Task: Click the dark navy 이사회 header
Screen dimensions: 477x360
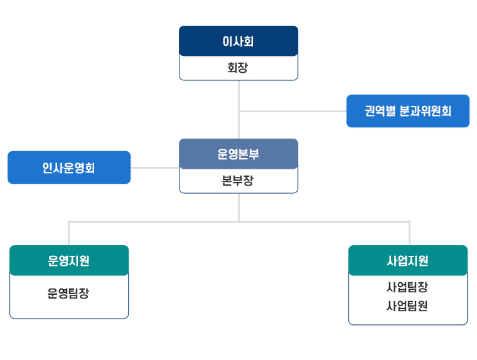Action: pyautogui.click(x=238, y=41)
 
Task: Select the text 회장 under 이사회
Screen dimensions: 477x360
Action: pyautogui.click(x=238, y=68)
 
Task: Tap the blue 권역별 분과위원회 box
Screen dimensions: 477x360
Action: pyautogui.click(x=408, y=111)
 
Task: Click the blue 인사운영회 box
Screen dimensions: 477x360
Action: pyautogui.click(x=69, y=167)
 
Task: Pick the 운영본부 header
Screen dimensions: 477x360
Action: pyautogui.click(x=238, y=154)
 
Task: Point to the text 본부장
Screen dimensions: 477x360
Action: pyautogui.click(x=238, y=181)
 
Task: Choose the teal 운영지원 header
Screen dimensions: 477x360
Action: pyautogui.click(x=69, y=260)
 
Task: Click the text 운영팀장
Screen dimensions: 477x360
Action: pyautogui.click(x=68, y=294)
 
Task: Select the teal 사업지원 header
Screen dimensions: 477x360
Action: pyautogui.click(x=408, y=260)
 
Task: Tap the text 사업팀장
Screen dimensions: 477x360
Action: pyautogui.click(x=407, y=287)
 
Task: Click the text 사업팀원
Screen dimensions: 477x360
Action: pyautogui.click(x=407, y=306)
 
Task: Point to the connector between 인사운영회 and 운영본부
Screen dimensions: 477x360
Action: pyautogui.click(x=155, y=167)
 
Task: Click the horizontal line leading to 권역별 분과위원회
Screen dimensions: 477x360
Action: pyautogui.click(x=293, y=111)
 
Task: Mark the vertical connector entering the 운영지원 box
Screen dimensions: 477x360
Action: pyautogui.click(x=69, y=233)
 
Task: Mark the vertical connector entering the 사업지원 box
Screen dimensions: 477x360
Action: pyautogui.click(x=409, y=233)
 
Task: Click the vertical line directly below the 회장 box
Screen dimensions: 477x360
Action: pyautogui.click(x=238, y=110)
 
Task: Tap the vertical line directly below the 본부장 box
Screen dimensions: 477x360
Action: pyautogui.click(x=238, y=208)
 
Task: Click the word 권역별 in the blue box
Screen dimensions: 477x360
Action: pyautogui.click(x=380, y=111)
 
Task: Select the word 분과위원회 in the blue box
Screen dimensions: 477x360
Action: pyautogui.click(x=425, y=111)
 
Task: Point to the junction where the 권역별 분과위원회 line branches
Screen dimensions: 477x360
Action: pyautogui.click(x=238, y=111)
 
